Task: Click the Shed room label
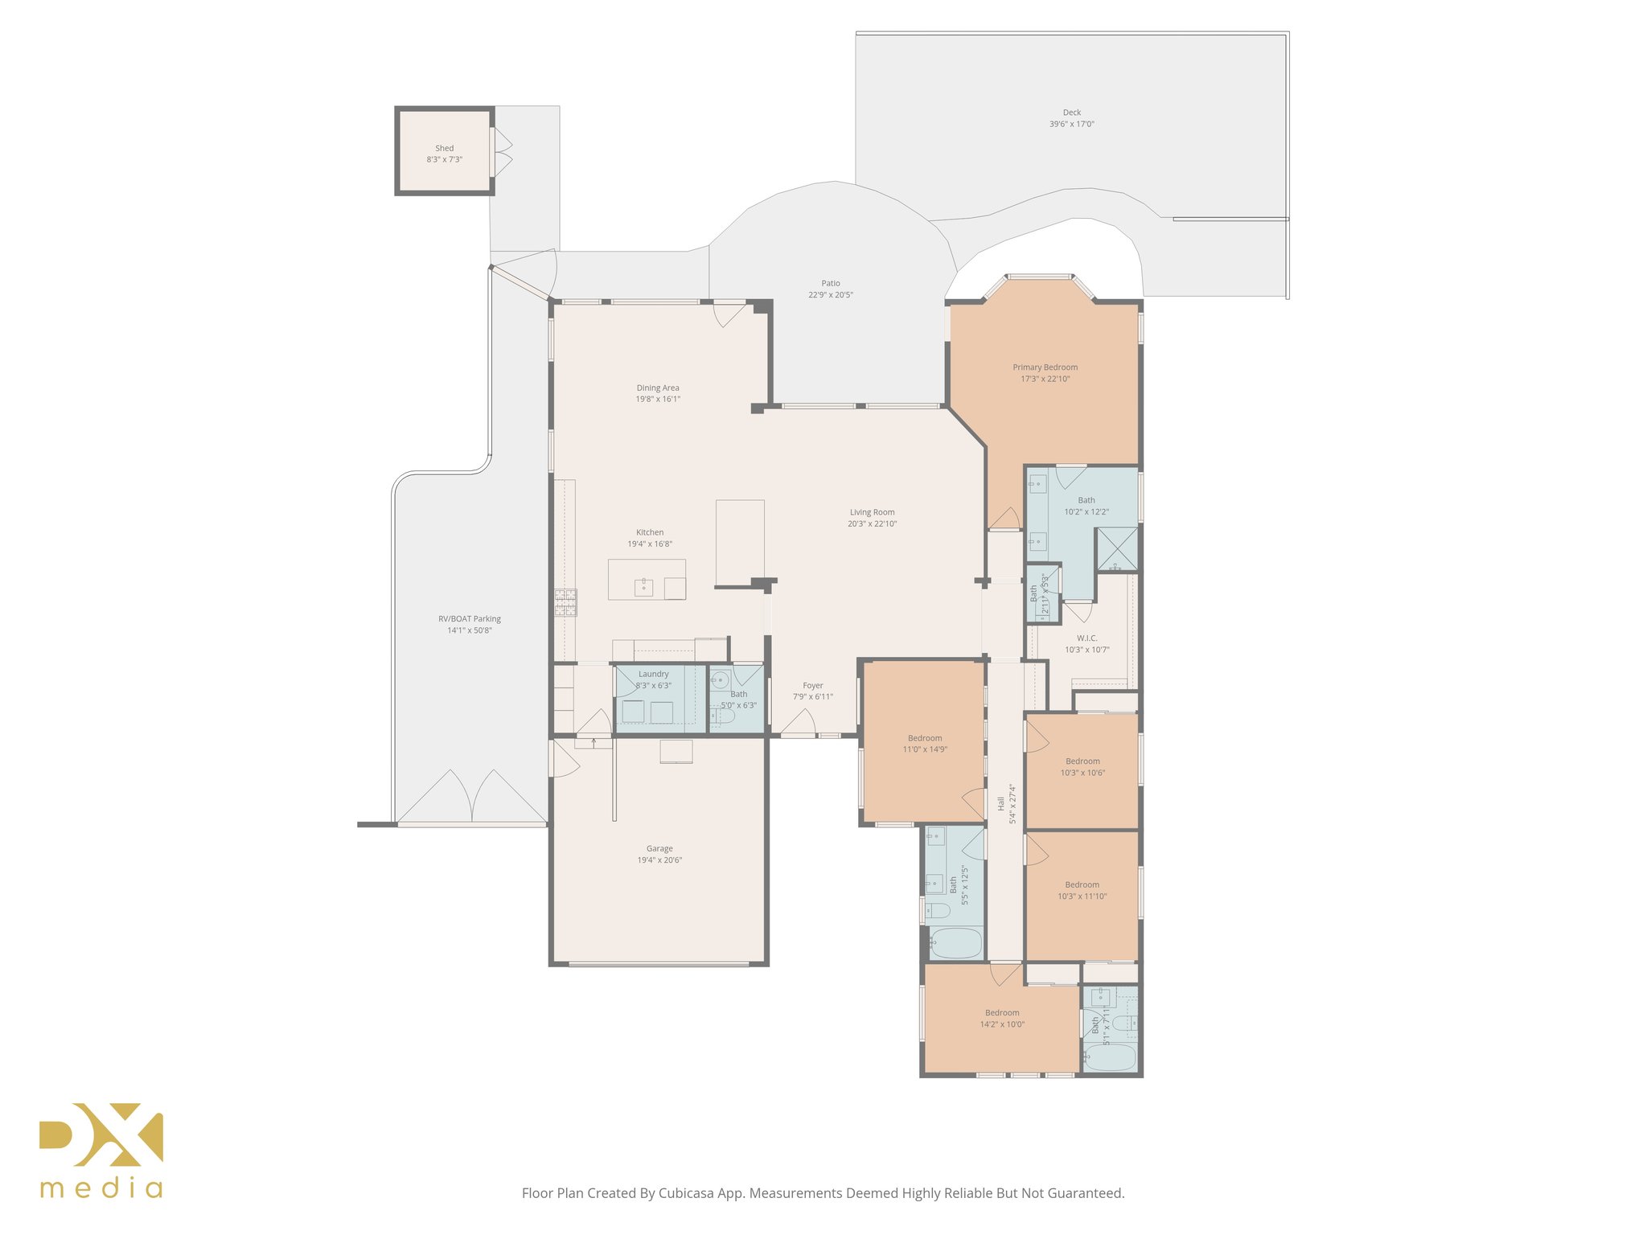[x=444, y=149]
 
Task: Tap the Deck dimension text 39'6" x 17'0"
[x=1071, y=125]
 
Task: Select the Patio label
[x=830, y=283]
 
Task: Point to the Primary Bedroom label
[x=1045, y=367]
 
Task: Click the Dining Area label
[x=658, y=388]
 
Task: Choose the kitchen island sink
[x=643, y=587]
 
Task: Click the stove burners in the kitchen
[x=565, y=602]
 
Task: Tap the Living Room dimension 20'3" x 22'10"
[x=872, y=524]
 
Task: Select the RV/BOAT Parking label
[x=469, y=619]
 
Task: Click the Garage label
[x=659, y=848]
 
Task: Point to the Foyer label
[x=812, y=686]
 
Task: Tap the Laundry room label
[x=653, y=674]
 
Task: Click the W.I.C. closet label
[x=1086, y=638]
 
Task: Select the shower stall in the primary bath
[x=1117, y=548]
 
